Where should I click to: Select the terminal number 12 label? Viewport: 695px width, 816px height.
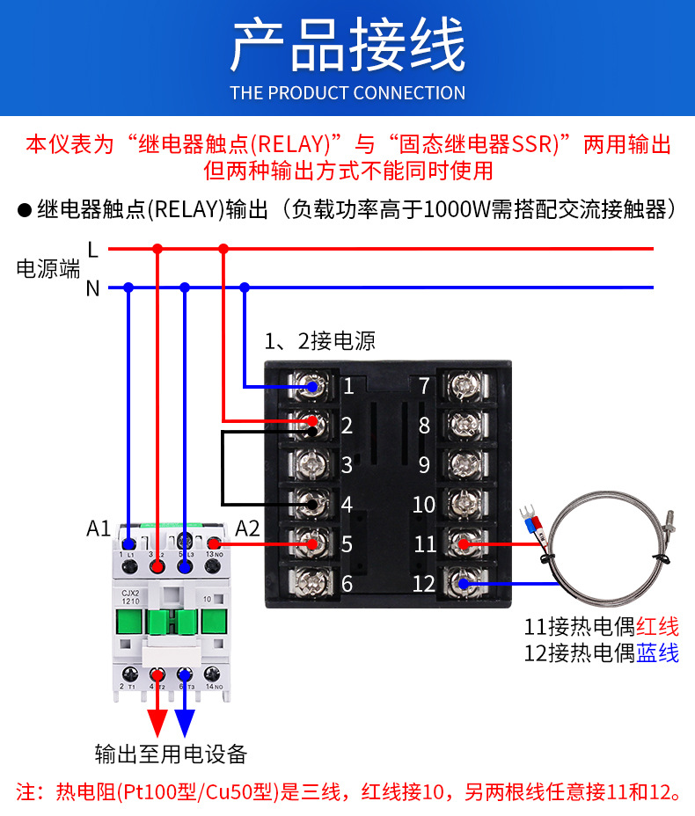click(425, 583)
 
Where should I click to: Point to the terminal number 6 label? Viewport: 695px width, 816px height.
click(347, 583)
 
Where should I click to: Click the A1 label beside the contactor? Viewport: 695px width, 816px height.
click(99, 528)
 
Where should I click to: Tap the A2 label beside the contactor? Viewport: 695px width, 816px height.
click(248, 528)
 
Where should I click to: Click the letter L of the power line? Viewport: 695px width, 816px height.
click(93, 250)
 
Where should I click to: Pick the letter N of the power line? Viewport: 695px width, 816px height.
click(93, 288)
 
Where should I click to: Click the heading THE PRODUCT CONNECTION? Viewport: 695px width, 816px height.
click(347, 93)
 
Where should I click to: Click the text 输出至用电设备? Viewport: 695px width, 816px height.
click(171, 754)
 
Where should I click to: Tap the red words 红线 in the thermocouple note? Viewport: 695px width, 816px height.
click(658, 627)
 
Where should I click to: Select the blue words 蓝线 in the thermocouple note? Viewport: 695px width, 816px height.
click(658, 653)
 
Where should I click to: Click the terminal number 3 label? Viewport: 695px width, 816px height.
click(347, 465)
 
